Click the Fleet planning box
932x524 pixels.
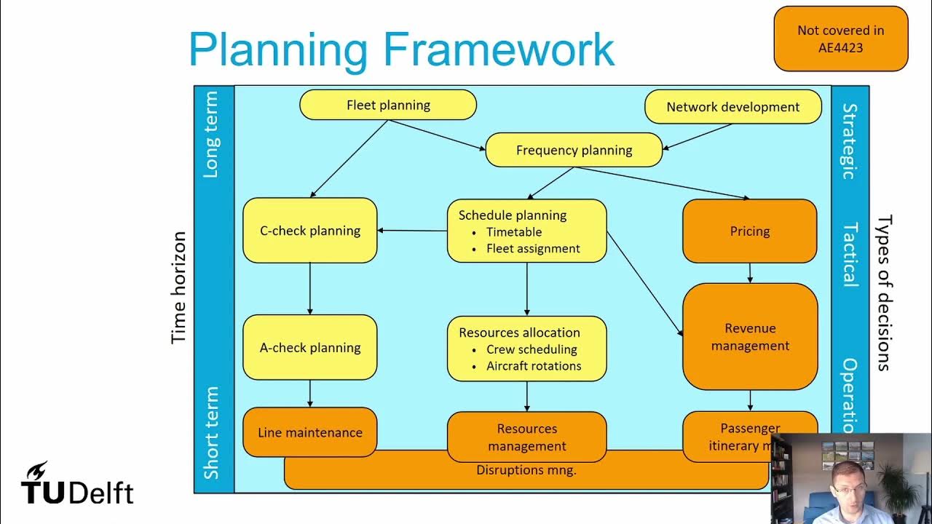388,105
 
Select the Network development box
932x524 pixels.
733,107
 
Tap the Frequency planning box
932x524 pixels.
574,151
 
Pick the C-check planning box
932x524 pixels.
310,231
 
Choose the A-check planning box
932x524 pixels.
310,347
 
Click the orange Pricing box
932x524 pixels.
750,231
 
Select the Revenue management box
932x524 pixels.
750,337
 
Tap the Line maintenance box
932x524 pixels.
310,432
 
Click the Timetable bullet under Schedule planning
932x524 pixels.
514,232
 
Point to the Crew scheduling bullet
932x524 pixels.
532,349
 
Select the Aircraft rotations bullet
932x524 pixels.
534,366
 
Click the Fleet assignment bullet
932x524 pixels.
533,249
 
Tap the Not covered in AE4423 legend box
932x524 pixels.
841,39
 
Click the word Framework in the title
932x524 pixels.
499,49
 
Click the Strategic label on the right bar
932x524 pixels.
850,141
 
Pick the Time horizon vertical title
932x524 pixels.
179,287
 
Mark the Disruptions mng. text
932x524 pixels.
526,470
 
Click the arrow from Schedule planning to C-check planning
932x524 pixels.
412,231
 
